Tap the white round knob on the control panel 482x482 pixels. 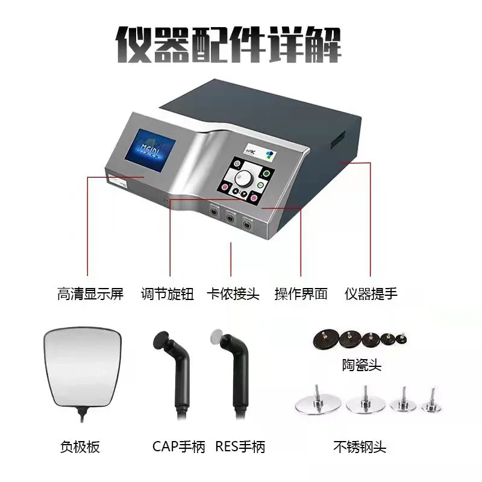click(x=243, y=178)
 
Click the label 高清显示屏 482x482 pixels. click(x=90, y=293)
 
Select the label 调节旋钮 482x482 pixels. click(x=167, y=293)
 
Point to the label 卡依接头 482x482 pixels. click(x=233, y=293)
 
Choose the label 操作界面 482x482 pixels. click(x=301, y=293)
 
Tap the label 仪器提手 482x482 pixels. click(x=371, y=293)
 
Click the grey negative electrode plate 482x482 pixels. click(x=83, y=368)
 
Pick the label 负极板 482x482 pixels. click(x=80, y=446)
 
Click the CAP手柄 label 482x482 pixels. click(x=178, y=446)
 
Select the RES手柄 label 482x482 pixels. click(x=240, y=446)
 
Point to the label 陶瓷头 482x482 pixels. click(x=362, y=365)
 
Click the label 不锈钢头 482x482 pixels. click(x=360, y=446)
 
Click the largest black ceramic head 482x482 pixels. click(x=326, y=340)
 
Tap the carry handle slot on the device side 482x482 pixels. click(x=338, y=139)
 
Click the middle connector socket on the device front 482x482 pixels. click(x=230, y=218)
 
